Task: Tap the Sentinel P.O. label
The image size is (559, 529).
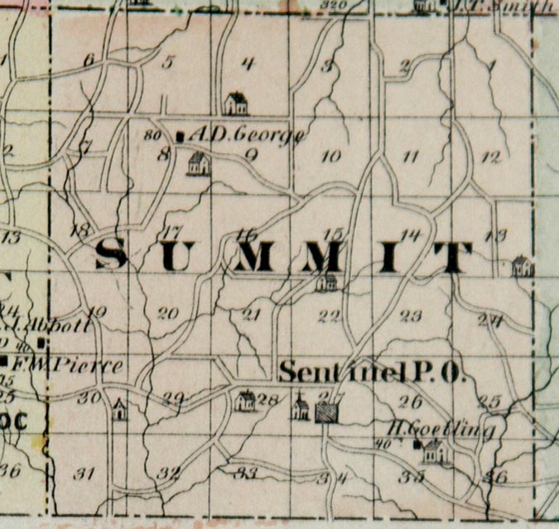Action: pyautogui.click(x=372, y=373)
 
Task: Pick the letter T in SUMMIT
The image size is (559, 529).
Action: pyautogui.click(x=452, y=258)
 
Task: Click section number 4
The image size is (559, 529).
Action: pyautogui.click(x=247, y=63)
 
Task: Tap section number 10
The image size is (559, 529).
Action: pyautogui.click(x=330, y=156)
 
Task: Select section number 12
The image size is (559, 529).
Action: pyautogui.click(x=490, y=156)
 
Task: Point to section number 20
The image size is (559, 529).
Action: pyautogui.click(x=168, y=313)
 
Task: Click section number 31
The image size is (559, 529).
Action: pyautogui.click(x=83, y=474)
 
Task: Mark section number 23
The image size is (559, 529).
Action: pyautogui.click(x=411, y=315)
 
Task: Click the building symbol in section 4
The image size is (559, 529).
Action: pyautogui.click(x=236, y=103)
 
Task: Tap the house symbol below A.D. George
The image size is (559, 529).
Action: pyautogui.click(x=198, y=163)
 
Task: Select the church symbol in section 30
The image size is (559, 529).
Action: pyautogui.click(x=120, y=410)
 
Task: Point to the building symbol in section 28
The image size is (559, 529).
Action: pyautogui.click(x=245, y=402)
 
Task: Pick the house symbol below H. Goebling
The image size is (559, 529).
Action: pyautogui.click(x=435, y=451)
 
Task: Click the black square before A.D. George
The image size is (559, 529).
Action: pyautogui.click(x=181, y=134)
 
